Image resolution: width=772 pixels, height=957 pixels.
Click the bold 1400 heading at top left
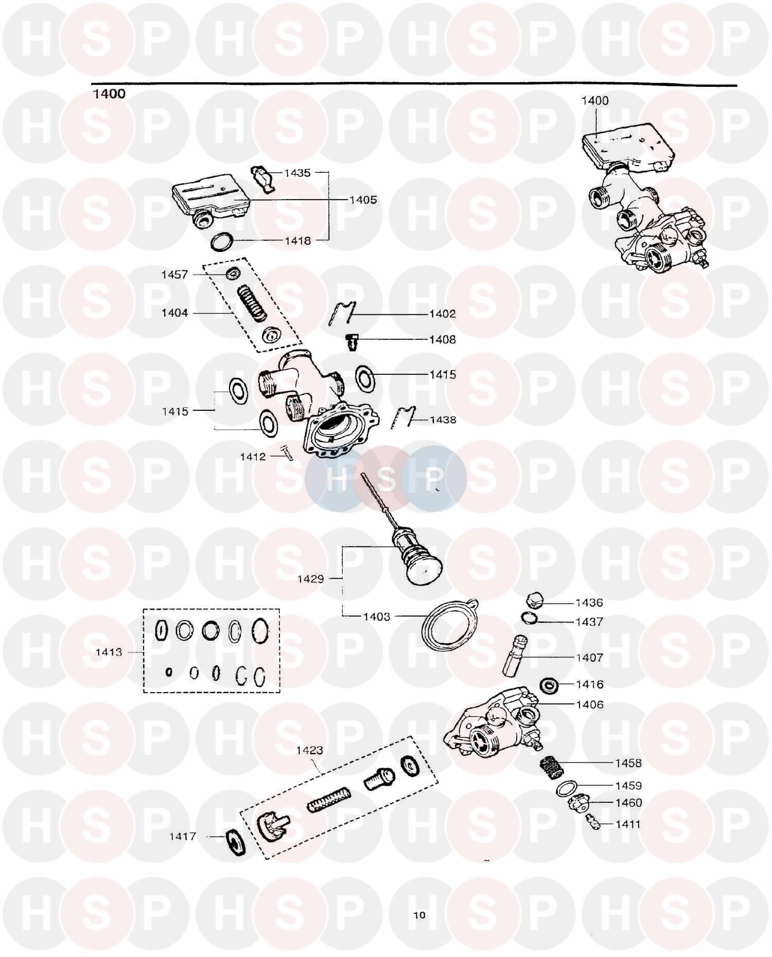109,94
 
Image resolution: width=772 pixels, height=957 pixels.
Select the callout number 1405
363,200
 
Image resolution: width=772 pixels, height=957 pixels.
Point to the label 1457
174,275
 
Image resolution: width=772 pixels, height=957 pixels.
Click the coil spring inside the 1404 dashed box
252,302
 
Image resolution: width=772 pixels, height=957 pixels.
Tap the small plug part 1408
352,341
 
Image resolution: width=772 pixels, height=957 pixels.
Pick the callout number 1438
443,420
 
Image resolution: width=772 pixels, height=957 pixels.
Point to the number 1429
310,579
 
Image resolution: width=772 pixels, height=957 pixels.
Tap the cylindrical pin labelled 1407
515,656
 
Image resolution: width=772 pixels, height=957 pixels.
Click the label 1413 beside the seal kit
109,652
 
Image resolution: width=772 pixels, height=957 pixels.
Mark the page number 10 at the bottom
419,914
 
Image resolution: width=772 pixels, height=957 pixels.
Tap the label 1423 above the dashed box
309,750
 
